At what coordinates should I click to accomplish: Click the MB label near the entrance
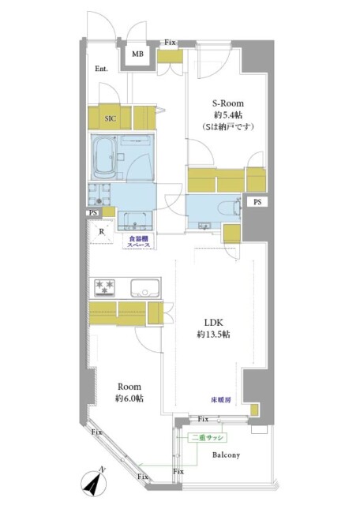[137, 54]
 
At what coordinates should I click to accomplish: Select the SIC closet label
[111, 118]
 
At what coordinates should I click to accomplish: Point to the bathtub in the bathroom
[106, 157]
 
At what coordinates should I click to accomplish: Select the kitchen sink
[144, 287]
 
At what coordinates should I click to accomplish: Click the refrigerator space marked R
[102, 231]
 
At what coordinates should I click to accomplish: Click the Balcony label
[225, 455]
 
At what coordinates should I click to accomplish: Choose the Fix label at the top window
[170, 42]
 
